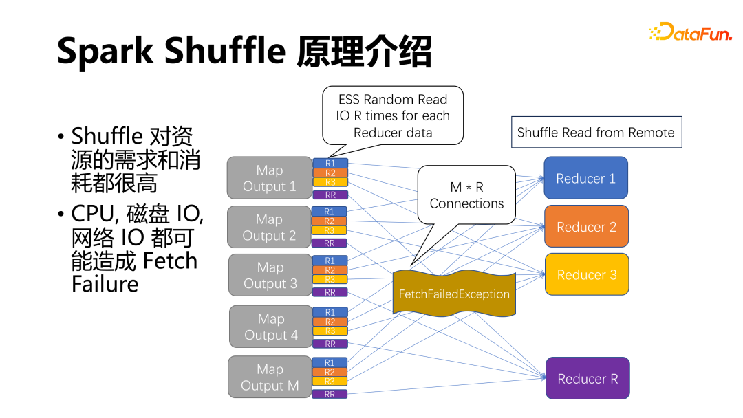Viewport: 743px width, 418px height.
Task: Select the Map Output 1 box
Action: tap(269, 178)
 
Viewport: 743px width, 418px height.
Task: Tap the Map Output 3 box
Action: tap(269, 275)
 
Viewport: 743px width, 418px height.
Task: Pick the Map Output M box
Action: tap(270, 377)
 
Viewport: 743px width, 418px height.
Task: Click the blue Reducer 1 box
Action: tap(585, 179)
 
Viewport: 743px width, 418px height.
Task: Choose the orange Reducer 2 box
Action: tap(586, 227)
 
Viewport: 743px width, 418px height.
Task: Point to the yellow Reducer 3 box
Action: tap(586, 275)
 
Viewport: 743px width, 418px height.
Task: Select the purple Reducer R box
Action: tap(588, 379)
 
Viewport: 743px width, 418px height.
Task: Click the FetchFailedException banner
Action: tap(454, 294)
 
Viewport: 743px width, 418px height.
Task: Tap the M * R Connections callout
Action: tap(466, 195)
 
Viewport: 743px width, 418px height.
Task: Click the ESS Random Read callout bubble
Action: tap(393, 115)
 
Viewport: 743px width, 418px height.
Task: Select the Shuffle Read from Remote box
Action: tap(596, 133)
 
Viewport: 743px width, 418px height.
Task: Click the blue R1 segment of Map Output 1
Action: tap(330, 164)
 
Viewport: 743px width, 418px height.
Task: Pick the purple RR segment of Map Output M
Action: tap(330, 395)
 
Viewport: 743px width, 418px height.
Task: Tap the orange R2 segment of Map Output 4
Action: tap(330, 322)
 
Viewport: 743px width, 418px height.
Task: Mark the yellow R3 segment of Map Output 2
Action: tap(330, 231)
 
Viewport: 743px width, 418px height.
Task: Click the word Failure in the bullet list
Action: tap(105, 284)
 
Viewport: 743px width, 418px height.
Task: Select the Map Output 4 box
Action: tap(270, 327)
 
